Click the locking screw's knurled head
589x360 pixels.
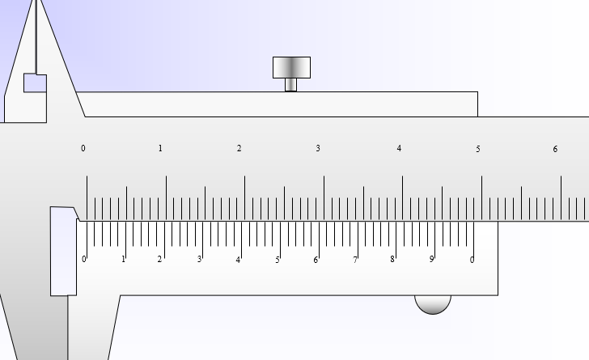point(291,68)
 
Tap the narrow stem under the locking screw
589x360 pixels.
point(290,85)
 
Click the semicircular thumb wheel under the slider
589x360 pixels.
point(433,304)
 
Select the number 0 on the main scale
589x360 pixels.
point(83,148)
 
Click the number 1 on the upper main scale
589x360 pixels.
point(160,148)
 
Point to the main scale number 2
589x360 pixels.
point(239,148)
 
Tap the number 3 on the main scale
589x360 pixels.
point(318,148)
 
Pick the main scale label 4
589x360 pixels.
point(399,148)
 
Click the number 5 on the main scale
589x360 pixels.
point(478,149)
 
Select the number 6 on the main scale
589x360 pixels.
point(555,149)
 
